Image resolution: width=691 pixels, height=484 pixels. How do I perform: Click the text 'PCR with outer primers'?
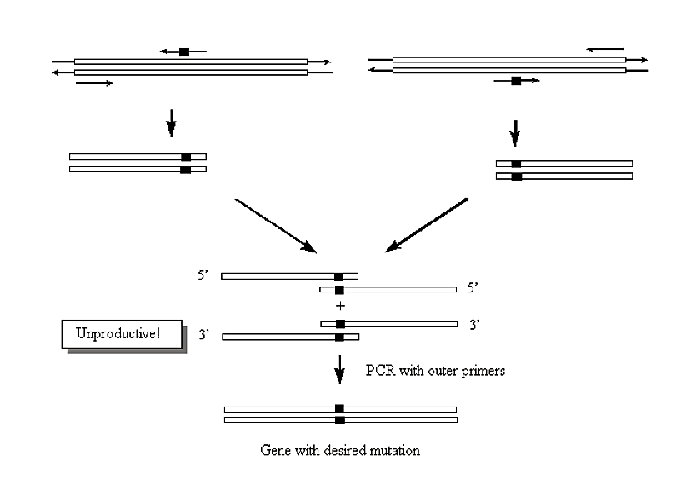click(433, 371)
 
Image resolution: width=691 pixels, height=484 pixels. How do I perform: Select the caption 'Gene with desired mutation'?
click(340, 451)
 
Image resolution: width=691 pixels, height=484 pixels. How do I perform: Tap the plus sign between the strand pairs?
click(339, 306)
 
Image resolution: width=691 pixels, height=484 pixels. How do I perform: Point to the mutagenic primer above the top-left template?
click(183, 52)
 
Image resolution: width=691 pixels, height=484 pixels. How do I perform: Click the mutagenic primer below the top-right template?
click(516, 81)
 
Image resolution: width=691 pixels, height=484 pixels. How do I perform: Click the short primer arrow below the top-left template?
click(94, 83)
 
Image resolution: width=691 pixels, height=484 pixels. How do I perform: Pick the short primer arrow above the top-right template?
click(605, 49)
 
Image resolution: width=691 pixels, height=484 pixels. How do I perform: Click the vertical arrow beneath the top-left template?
click(171, 123)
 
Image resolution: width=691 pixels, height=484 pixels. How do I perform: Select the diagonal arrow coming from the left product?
click(275, 225)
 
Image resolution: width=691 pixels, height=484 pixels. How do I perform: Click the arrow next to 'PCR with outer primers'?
click(339, 370)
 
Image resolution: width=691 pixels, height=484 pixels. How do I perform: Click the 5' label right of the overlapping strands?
click(473, 287)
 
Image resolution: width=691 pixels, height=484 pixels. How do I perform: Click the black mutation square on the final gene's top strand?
click(339, 409)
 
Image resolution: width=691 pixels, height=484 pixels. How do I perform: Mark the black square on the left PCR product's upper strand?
click(185, 157)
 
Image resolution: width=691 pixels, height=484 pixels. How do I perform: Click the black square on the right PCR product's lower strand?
click(516, 177)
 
